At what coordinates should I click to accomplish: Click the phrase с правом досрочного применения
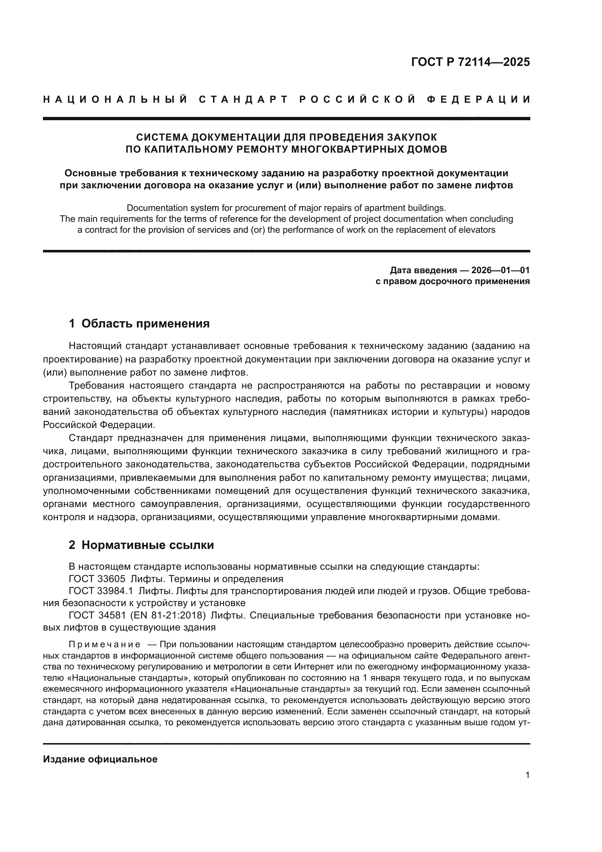(x=453, y=281)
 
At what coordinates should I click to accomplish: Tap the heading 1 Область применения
(x=139, y=323)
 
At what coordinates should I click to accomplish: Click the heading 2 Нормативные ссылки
(x=141, y=545)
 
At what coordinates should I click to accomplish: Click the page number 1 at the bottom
(x=527, y=775)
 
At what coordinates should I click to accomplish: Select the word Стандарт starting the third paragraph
(x=91, y=438)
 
